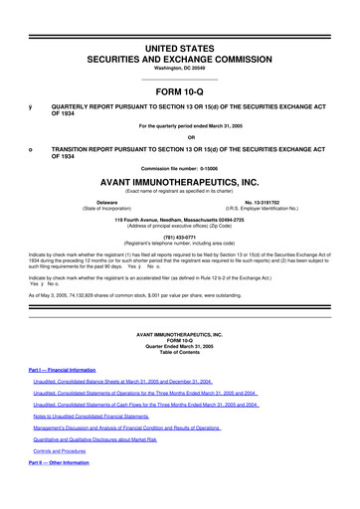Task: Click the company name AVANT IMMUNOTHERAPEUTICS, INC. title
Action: pyautogui.click(x=179, y=183)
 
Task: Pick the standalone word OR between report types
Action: pyautogui.click(x=179, y=136)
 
